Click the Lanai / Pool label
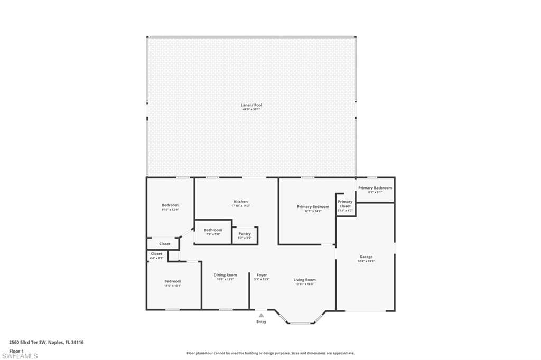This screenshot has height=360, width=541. [251, 105]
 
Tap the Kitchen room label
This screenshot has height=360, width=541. [240, 202]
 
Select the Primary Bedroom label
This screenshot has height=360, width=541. [313, 206]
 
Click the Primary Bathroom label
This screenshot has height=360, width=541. [375, 188]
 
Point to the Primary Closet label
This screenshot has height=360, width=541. [345, 204]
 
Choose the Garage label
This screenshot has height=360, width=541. [366, 257]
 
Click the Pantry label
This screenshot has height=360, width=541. [245, 234]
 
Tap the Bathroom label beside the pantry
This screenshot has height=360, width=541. [213, 230]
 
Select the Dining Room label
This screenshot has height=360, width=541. [225, 275]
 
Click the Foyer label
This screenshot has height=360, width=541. [262, 275]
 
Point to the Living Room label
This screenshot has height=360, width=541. [304, 280]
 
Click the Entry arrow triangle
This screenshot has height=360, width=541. [261, 315]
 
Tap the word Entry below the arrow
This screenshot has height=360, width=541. [262, 322]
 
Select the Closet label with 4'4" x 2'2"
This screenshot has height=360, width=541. [157, 254]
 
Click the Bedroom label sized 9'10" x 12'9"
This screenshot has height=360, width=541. [170, 205]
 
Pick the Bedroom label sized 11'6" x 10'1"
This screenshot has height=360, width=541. [172, 281]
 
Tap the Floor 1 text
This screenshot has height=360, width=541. [16, 350]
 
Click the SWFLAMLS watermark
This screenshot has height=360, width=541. [20, 356]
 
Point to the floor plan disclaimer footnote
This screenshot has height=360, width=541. [270, 353]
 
